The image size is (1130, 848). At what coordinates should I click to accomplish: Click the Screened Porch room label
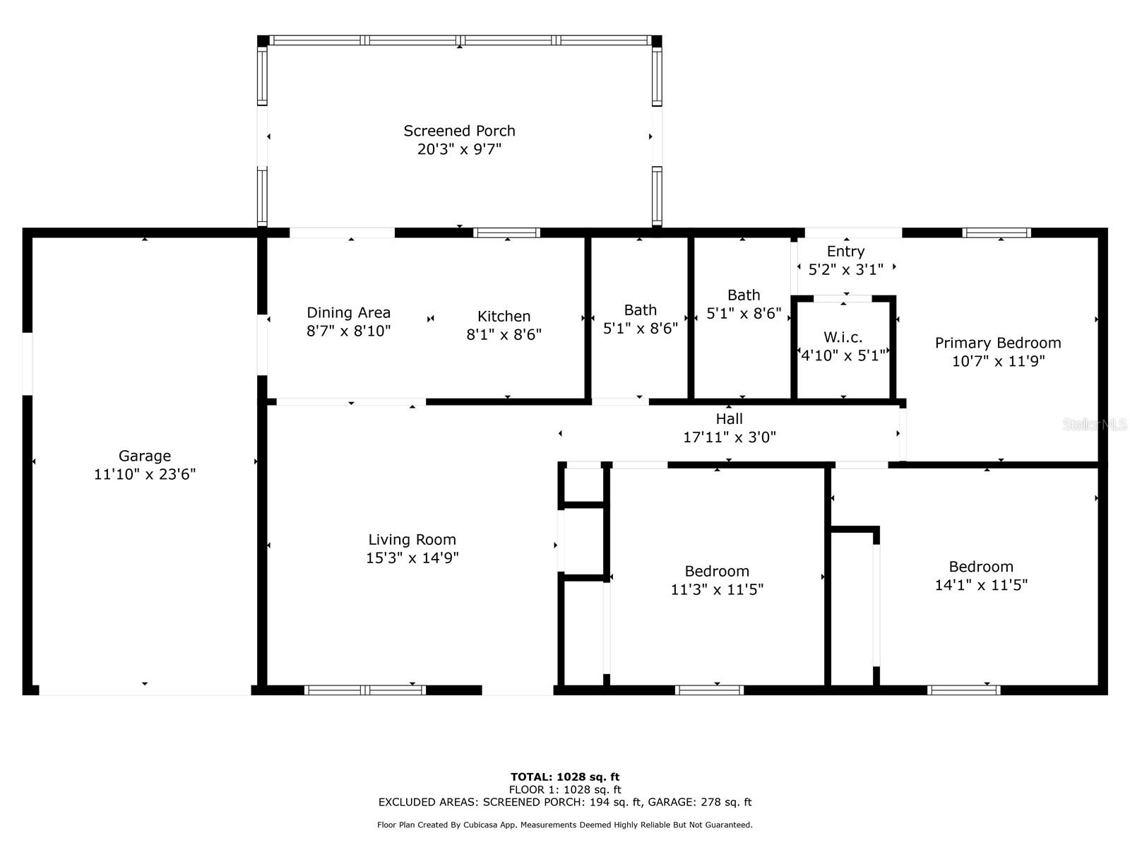tap(459, 131)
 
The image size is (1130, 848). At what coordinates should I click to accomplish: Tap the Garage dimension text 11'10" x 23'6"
tap(145, 474)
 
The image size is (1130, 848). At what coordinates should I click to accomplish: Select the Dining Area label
tap(348, 313)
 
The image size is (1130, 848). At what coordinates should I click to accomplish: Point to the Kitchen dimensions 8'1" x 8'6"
tap(504, 335)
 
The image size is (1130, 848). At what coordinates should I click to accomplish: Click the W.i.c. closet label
tap(843, 337)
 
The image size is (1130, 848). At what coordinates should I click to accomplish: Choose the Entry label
tap(846, 252)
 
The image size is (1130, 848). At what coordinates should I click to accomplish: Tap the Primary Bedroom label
tap(998, 343)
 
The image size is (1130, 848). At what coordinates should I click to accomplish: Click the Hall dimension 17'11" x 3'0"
tap(729, 437)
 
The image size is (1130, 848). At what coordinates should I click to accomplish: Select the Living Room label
tap(412, 540)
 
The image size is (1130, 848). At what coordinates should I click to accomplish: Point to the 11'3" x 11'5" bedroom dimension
tap(717, 589)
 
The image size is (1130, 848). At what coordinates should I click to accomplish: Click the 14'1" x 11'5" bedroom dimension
tap(981, 585)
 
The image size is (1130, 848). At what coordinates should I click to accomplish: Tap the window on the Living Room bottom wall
tap(365, 690)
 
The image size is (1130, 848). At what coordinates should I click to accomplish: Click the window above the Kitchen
tap(506, 232)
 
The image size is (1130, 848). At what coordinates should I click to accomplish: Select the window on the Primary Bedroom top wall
tap(997, 232)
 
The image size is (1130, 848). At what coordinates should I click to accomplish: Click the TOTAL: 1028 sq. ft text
tap(565, 777)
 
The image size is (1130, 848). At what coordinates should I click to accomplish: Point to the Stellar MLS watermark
tap(1095, 425)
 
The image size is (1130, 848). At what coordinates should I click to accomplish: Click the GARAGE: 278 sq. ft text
tap(700, 802)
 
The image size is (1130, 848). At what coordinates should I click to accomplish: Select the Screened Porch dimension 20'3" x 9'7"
tap(459, 149)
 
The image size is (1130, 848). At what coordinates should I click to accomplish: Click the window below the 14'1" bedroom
tap(964, 690)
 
